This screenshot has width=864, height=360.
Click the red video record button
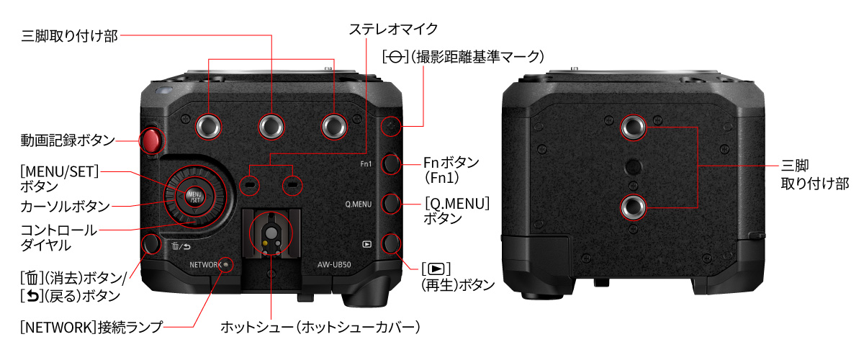coord(152,140)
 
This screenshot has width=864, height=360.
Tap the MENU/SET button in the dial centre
coord(195,197)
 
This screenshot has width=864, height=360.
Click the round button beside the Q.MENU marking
coord(390,203)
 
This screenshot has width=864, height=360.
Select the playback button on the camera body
coord(390,243)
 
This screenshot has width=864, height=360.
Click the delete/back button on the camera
coord(150,243)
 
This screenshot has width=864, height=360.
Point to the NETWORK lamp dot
coord(226,265)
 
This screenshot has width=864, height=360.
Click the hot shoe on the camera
coord(271,233)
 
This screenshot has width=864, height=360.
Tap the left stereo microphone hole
coord(250,186)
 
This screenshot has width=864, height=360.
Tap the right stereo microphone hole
coord(292,186)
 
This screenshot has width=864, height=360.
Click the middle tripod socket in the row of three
coord(271,127)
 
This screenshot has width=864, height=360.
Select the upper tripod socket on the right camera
coord(633,127)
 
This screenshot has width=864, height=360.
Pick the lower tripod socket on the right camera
coord(633,207)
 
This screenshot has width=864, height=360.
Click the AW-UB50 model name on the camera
coord(334,265)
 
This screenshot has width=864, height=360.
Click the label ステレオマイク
coord(393,29)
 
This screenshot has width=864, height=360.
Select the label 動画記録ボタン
coord(68,140)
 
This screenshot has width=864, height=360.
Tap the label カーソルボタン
coord(65,207)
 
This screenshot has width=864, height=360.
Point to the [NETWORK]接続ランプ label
coord(91,327)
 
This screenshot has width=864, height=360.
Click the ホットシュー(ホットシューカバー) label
coord(320,327)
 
